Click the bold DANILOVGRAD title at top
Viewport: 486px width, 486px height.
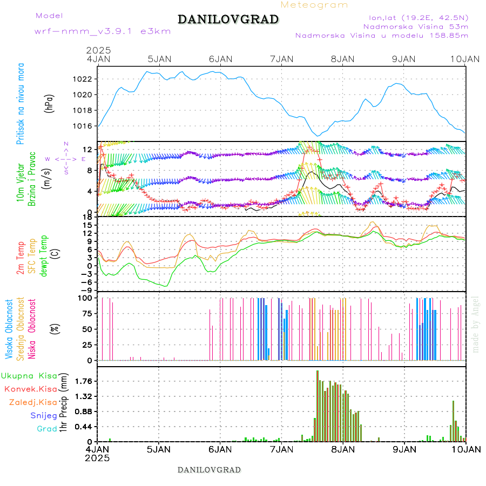228,19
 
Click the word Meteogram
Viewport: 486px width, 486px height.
314,5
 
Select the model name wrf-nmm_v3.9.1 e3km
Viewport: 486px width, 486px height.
103,31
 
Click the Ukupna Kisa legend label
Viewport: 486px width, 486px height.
29,376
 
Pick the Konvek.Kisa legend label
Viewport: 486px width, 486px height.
30,389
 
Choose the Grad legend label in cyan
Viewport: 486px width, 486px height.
47,429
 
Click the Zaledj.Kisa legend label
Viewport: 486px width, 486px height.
33,402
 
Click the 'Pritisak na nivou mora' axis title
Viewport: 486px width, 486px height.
21,107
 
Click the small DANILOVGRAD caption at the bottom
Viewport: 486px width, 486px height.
209,470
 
